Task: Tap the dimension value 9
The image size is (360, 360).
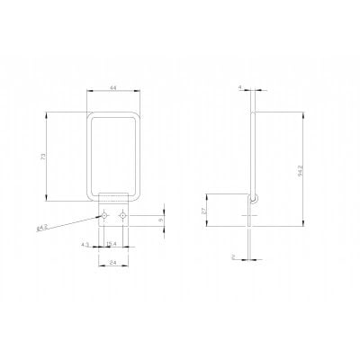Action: (161, 220)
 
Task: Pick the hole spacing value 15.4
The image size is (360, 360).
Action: (111, 245)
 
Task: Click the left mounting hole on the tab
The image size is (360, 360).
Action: (105, 216)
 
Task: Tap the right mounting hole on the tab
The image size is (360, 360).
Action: (122, 216)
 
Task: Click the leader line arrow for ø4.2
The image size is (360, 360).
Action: (100, 217)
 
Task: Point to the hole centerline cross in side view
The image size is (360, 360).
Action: (254, 216)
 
